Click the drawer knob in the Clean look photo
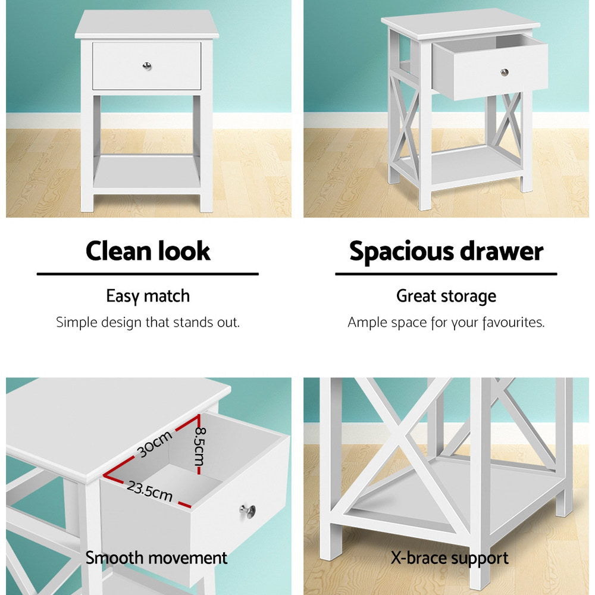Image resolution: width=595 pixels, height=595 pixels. click(146, 65)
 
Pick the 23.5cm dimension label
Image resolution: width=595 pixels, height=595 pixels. click(149, 491)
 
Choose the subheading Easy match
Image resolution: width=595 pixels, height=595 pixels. click(148, 296)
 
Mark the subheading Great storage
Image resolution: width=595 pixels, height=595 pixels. click(446, 296)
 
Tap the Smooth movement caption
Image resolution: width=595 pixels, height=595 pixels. click(156, 558)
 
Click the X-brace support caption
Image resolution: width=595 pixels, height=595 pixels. click(449, 558)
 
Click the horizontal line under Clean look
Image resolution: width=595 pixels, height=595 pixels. click(148, 274)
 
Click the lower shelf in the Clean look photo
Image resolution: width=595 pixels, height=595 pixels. click(146, 173)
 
